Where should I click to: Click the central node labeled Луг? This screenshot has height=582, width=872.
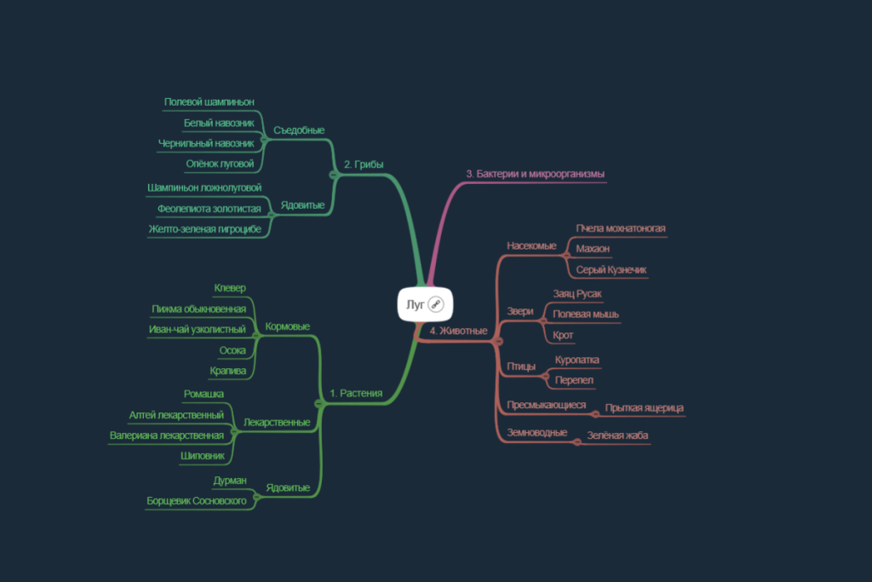click(x=425, y=304)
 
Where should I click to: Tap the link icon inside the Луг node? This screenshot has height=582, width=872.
click(x=436, y=304)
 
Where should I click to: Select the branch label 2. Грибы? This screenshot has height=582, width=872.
click(x=364, y=164)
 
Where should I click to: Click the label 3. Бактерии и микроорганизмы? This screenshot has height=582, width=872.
click(x=535, y=174)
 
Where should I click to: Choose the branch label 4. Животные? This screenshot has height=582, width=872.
click(x=458, y=331)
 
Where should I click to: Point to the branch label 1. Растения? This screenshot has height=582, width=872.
click(x=356, y=393)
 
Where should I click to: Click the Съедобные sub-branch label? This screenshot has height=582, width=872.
click(x=299, y=130)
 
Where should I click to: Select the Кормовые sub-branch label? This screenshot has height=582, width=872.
click(x=288, y=326)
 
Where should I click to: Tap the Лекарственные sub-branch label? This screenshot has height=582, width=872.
click(x=277, y=423)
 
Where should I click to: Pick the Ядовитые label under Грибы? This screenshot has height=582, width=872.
click(x=302, y=205)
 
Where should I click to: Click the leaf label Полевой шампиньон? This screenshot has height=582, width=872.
click(x=209, y=101)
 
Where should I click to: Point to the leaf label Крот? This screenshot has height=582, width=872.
click(x=563, y=335)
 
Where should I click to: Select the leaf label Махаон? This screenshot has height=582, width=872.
click(x=593, y=249)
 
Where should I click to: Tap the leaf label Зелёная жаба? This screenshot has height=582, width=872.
click(x=618, y=435)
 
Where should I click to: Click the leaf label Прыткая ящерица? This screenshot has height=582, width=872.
click(x=644, y=408)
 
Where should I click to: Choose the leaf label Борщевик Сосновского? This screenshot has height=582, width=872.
click(x=197, y=501)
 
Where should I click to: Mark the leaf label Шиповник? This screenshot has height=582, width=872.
click(x=203, y=456)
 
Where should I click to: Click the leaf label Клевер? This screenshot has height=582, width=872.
click(x=230, y=288)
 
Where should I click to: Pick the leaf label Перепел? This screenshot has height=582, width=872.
click(x=574, y=380)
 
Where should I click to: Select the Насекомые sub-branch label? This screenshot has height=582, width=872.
click(x=531, y=245)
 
